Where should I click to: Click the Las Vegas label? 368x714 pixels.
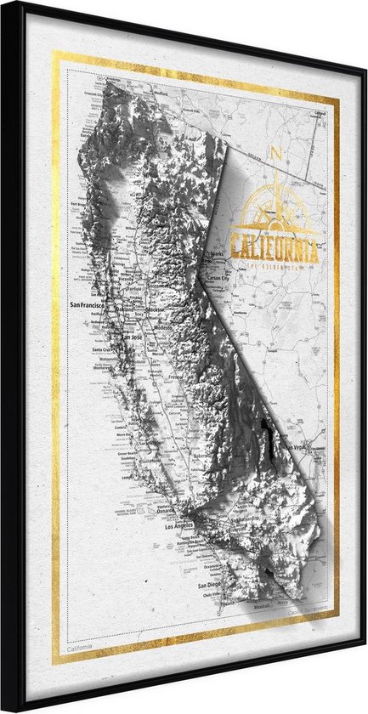click(x=294, y=448)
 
